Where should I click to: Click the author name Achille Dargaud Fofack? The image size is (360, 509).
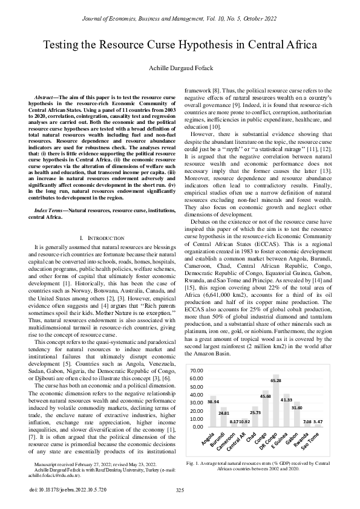(x=180, y=69)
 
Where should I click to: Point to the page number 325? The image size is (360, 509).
(x=180, y=490)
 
